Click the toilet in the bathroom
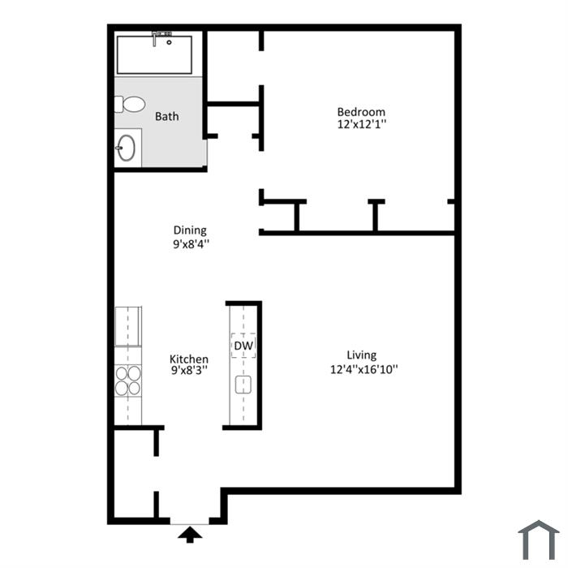(x=130, y=105)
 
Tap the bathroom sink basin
(x=126, y=148)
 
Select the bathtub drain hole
(x=169, y=42)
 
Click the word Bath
(x=166, y=116)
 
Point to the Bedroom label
(x=361, y=112)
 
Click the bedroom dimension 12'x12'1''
(x=362, y=124)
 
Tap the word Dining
(x=190, y=230)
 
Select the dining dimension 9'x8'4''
(x=191, y=243)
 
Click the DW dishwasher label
(x=243, y=346)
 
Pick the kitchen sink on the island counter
(x=243, y=385)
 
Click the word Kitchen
(x=189, y=359)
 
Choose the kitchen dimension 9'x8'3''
(x=189, y=370)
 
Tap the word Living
(x=362, y=355)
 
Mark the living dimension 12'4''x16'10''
(x=364, y=369)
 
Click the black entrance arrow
(x=190, y=535)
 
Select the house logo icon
(x=539, y=540)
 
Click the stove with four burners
(x=128, y=380)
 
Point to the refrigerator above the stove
(x=128, y=326)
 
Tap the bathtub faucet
(x=155, y=39)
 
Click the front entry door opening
(x=189, y=521)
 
